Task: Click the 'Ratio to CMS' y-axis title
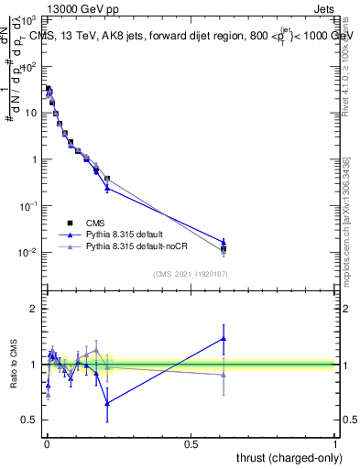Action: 14,365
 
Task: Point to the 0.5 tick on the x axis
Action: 191,443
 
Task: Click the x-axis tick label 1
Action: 336,443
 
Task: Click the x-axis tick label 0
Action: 46,443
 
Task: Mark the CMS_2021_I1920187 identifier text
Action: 191,273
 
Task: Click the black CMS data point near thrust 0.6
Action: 224,248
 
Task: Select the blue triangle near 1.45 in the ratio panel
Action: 224,339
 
